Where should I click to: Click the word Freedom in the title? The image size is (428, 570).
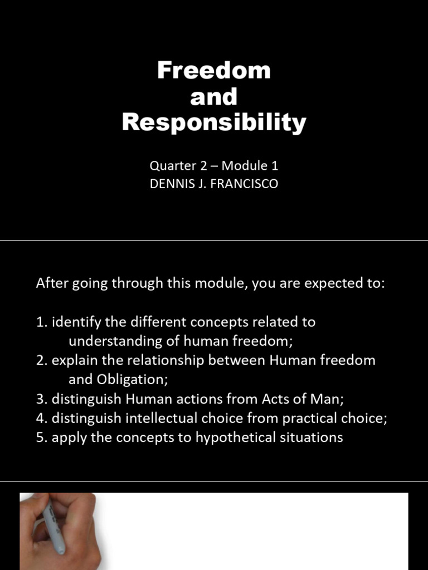(214, 71)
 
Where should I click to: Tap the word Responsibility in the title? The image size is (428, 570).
(214, 122)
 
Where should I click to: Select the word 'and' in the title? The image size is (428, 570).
(214, 97)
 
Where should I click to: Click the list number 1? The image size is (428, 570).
(41, 322)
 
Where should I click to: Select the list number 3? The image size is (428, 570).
(41, 399)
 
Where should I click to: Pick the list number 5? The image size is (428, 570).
(41, 438)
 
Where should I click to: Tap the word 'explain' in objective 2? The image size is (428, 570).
(72, 361)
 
